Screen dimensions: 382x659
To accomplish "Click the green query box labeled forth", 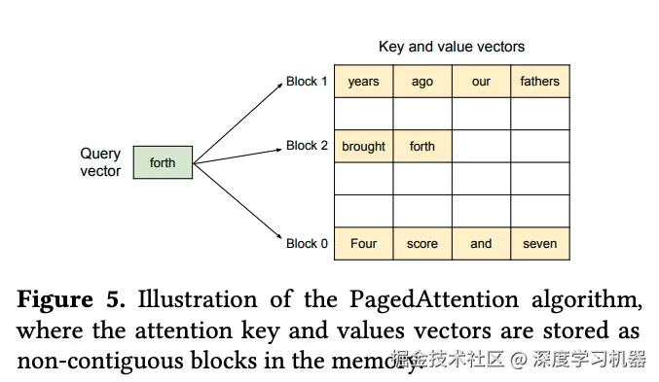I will click(x=163, y=162).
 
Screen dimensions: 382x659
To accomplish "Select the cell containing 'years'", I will click(x=363, y=82).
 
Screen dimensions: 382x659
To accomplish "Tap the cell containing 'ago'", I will click(x=422, y=82).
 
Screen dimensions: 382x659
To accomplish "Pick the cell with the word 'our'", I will click(x=481, y=82).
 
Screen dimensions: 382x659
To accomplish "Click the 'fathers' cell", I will click(x=540, y=82).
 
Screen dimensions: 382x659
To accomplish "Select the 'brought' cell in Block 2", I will click(x=363, y=147).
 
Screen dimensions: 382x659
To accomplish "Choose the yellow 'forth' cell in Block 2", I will click(x=422, y=147).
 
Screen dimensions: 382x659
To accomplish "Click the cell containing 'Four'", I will click(x=363, y=243).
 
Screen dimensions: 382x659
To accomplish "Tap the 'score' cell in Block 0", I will click(x=422, y=243).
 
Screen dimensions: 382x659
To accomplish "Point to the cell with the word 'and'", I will click(x=481, y=243).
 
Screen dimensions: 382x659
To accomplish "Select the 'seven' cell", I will click(x=540, y=243).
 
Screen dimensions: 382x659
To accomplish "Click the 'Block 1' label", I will click(x=308, y=82).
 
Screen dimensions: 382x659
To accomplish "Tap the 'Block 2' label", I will click(x=308, y=146).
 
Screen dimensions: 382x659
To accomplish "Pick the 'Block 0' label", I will click(x=308, y=243).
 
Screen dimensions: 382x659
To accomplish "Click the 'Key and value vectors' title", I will click(x=451, y=47).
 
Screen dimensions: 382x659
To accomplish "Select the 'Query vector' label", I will click(x=100, y=162).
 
